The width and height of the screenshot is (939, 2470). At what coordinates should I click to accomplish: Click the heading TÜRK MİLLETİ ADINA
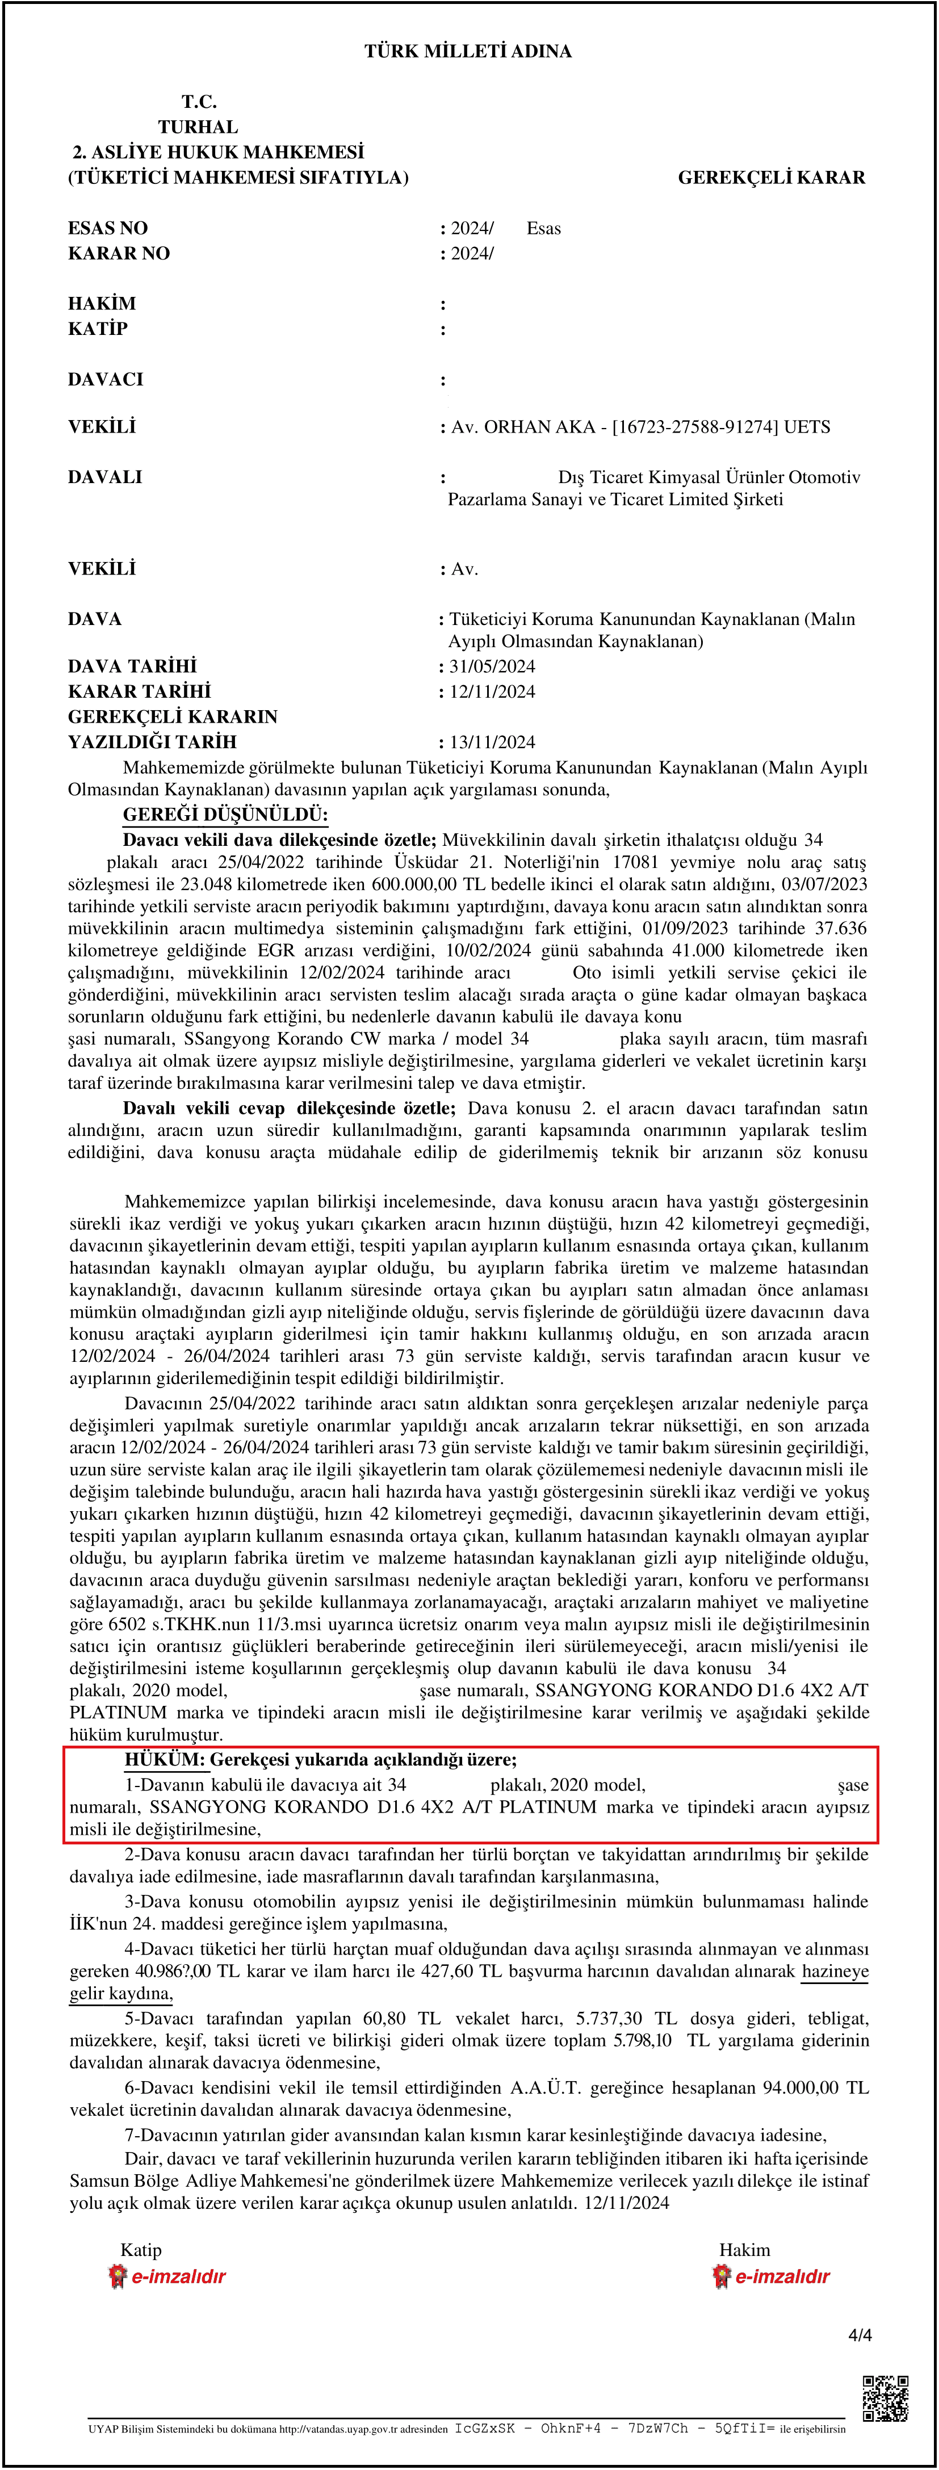coord(468,52)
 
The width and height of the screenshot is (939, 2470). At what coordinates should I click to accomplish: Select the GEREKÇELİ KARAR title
coord(771,177)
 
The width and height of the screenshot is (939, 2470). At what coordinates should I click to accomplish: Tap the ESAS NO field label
coord(107,228)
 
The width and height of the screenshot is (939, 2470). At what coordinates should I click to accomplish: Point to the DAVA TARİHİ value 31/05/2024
coord(492,666)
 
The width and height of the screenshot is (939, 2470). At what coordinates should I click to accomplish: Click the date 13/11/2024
coord(492,742)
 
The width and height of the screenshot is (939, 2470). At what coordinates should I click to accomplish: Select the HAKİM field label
coord(102,304)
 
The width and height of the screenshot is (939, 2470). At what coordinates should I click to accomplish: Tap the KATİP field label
coord(98,329)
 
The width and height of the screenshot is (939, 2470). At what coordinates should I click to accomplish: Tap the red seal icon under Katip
coord(117,2276)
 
